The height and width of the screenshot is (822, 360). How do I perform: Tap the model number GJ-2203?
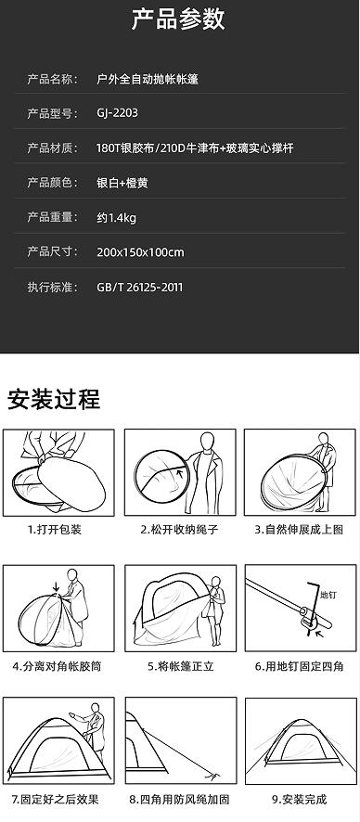point(118,113)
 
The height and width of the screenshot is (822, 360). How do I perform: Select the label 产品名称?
point(53,79)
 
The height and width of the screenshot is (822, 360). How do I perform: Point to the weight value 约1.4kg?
point(117,218)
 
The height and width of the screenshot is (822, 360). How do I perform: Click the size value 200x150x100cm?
point(140,252)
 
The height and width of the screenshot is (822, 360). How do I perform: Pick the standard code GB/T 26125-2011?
point(139,287)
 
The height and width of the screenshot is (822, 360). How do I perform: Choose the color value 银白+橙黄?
point(122,183)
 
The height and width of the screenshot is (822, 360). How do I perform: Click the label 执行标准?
point(53,287)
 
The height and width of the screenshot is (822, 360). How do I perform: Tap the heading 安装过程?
point(54,399)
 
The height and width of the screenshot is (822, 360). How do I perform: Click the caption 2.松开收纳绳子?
point(179,530)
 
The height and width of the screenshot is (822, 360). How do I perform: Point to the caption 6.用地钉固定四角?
point(299,666)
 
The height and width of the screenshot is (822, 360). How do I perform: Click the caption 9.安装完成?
point(299,798)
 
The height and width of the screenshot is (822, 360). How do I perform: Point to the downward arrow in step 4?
point(58,586)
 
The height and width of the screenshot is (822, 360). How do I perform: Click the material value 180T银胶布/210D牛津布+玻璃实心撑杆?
point(195,148)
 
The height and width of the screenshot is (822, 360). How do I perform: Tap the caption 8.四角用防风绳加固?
point(179,798)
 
